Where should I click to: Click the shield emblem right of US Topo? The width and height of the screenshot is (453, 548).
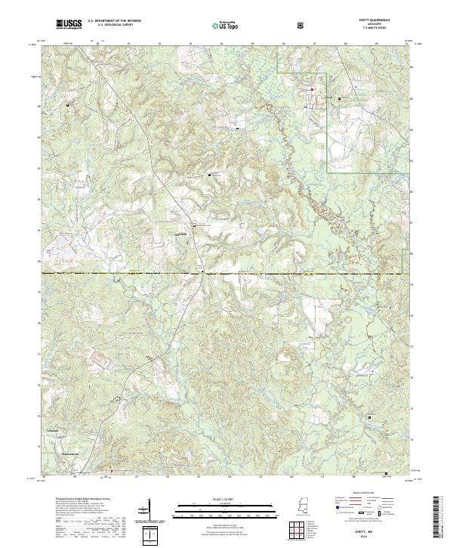300,25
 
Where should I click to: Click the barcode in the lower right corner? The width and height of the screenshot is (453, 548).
437,517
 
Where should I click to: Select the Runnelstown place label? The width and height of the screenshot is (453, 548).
69,454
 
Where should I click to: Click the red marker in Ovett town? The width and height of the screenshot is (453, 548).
309,90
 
